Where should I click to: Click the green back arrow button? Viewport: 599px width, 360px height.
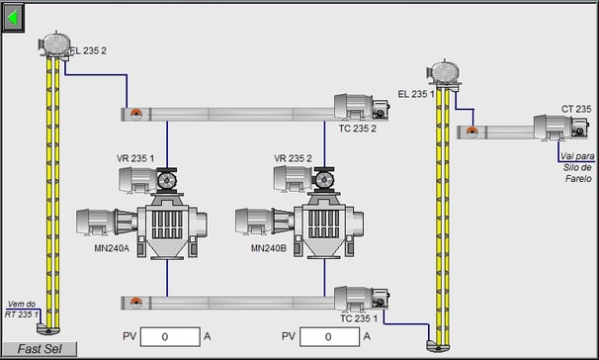pyautogui.click(x=14, y=18)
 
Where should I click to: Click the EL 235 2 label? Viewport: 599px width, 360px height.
pyautogui.click(x=88, y=50)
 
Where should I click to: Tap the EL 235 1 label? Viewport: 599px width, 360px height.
pyautogui.click(x=416, y=94)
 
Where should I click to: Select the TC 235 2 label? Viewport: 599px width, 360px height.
pyautogui.click(x=357, y=129)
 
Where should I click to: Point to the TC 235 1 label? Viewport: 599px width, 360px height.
pyautogui.click(x=359, y=318)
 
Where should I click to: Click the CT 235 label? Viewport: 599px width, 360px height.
pyautogui.click(x=576, y=109)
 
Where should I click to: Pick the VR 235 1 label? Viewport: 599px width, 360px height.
pyautogui.click(x=135, y=158)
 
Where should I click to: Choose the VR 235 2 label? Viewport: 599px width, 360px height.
pyautogui.click(x=293, y=158)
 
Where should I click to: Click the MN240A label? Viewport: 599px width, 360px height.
pyautogui.click(x=112, y=248)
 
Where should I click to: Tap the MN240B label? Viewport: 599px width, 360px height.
pyautogui.click(x=269, y=248)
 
